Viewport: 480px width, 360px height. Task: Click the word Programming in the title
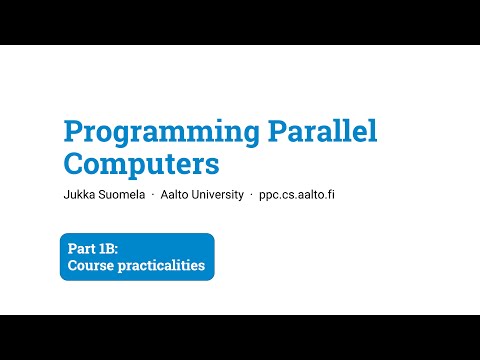tap(161, 133)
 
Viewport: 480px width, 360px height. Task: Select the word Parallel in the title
tap(323, 130)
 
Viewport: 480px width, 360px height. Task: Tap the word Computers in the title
tap(141, 164)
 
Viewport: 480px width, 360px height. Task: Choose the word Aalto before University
tap(174, 194)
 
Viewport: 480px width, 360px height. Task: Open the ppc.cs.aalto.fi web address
tap(297, 195)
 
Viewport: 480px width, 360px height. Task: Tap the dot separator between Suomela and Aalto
tap(153, 195)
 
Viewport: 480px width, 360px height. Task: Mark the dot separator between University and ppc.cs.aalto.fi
tap(252, 195)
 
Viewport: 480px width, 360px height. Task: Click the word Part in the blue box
tap(81, 249)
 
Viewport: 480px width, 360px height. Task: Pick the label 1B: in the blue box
tap(108, 249)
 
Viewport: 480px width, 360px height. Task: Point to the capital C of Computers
tap(73, 163)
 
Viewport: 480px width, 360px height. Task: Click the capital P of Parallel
tap(279, 131)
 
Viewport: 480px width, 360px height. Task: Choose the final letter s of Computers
tap(212, 167)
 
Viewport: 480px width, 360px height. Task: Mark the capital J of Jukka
tap(67, 194)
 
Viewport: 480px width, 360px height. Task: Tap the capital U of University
tap(195, 194)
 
